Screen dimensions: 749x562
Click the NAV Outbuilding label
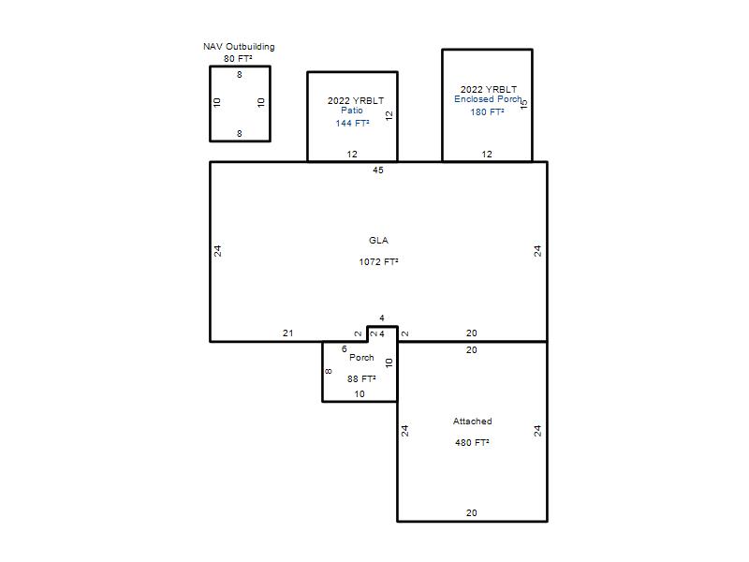[x=239, y=47]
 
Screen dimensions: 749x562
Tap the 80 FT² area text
[x=238, y=59]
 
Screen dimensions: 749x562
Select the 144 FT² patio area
[x=352, y=124]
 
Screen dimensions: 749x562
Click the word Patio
[x=352, y=111]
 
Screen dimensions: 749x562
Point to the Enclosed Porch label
[x=488, y=99]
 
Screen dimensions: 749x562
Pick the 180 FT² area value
[x=487, y=112]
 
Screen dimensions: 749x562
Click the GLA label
[x=378, y=241]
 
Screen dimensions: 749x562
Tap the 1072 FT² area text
[x=378, y=262]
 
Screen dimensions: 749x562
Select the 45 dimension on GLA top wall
[x=378, y=170]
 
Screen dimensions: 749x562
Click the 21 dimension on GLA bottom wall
[x=287, y=333]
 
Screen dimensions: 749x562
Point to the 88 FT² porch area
[x=361, y=379]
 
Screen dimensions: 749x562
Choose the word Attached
[x=473, y=421]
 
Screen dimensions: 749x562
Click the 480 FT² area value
[x=472, y=443]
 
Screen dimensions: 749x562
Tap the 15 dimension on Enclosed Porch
[x=524, y=104]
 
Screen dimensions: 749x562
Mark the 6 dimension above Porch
[x=344, y=349]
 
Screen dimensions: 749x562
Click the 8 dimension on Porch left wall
[x=329, y=371]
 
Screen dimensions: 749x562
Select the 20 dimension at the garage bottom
[x=472, y=512]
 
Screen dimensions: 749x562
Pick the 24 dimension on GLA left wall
[x=217, y=251]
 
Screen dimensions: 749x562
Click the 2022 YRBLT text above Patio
[x=356, y=101]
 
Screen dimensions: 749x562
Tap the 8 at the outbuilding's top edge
[x=240, y=75]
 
